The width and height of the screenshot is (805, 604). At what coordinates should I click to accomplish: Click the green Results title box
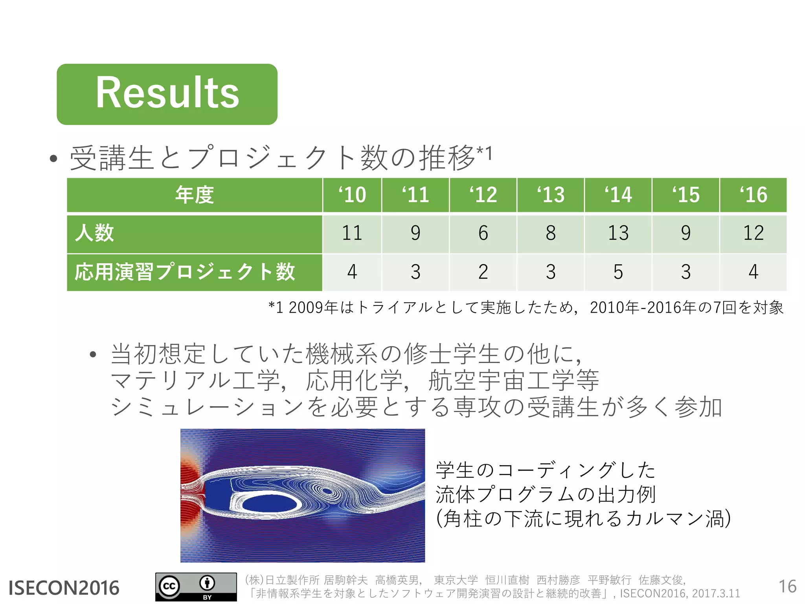[x=167, y=94]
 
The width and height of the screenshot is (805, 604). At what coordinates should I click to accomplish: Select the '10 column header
[x=352, y=195]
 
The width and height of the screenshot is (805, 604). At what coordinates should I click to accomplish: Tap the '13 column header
[x=551, y=195]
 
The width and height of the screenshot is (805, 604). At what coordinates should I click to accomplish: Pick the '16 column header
[x=753, y=195]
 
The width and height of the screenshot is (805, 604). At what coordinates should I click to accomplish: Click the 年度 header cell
[x=195, y=195]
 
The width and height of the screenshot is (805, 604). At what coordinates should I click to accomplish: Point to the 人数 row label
[x=95, y=233]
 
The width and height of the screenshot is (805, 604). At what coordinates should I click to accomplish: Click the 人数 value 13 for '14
[x=618, y=233]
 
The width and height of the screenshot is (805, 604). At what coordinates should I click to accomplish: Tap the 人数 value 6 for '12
[x=483, y=233]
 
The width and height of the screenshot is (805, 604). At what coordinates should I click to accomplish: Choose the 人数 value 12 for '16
[x=753, y=233]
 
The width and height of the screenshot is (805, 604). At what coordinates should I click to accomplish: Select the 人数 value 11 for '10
[x=352, y=233]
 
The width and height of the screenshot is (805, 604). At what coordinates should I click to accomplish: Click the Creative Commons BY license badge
[x=196, y=587]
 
